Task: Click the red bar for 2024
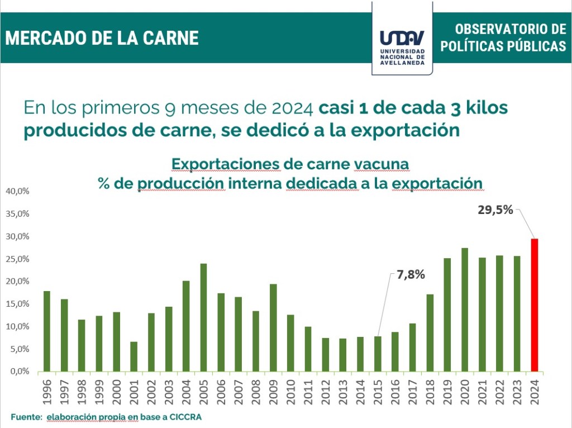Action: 535,305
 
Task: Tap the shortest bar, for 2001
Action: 134,356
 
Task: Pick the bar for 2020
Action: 465,310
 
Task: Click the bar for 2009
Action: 273,327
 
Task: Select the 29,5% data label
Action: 495,211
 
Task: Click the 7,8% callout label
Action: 411,274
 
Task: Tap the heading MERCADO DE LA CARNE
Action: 102,38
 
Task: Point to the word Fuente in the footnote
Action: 26,417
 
